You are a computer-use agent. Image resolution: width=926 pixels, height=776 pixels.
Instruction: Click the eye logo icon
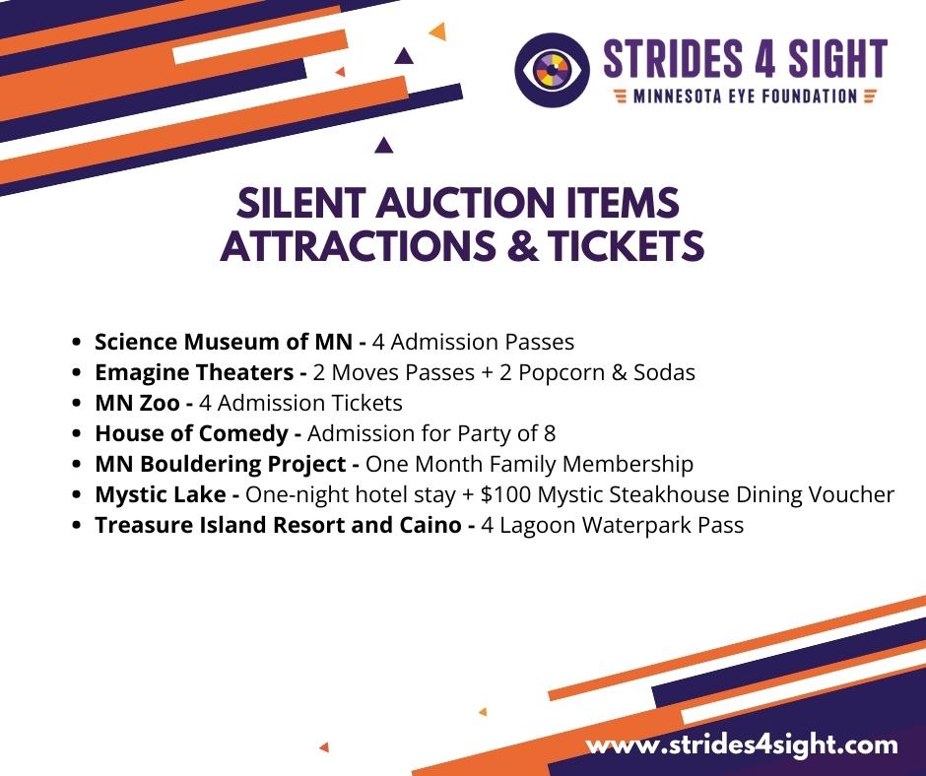coord(552,70)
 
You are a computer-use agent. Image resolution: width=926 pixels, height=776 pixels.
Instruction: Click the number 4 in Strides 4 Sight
coord(764,59)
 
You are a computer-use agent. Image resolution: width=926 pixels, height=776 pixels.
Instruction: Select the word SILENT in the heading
coord(300,203)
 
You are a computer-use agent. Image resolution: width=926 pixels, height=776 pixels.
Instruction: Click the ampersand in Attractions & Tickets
coord(522,245)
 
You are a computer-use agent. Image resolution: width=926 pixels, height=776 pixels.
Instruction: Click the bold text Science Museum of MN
coord(224,342)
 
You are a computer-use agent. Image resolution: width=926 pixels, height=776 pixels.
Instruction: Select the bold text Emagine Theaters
coord(194,372)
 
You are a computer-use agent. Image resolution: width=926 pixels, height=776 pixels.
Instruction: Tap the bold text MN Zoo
coord(137,403)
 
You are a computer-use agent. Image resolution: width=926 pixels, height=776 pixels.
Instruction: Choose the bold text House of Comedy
coord(191,434)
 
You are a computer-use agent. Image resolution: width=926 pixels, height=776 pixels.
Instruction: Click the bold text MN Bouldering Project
coord(221,464)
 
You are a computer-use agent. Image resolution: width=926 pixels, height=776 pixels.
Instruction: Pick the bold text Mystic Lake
coord(160,495)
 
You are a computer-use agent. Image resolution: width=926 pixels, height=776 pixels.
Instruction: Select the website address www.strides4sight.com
coord(742,744)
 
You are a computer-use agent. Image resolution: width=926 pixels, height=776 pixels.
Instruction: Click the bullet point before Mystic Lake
coord(76,495)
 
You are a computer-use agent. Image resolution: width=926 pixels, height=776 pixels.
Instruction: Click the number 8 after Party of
coord(550,434)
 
